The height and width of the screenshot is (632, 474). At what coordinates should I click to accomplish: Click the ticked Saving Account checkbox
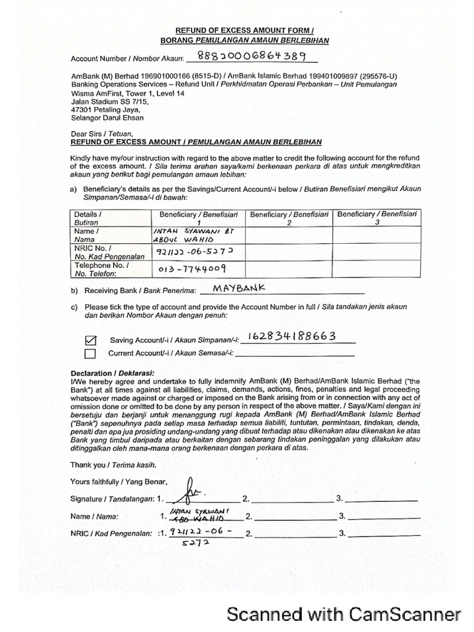click(91, 340)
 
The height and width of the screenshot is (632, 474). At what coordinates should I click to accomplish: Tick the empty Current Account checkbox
click(90, 354)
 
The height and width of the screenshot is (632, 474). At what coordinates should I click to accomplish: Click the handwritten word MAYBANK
click(238, 288)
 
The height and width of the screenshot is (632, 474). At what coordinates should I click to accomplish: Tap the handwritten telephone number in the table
click(192, 269)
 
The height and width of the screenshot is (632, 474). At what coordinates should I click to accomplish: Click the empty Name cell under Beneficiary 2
click(288, 235)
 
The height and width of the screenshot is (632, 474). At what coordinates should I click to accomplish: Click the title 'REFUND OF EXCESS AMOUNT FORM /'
click(244, 30)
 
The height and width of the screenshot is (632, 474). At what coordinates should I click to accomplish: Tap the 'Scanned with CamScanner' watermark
click(344, 614)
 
